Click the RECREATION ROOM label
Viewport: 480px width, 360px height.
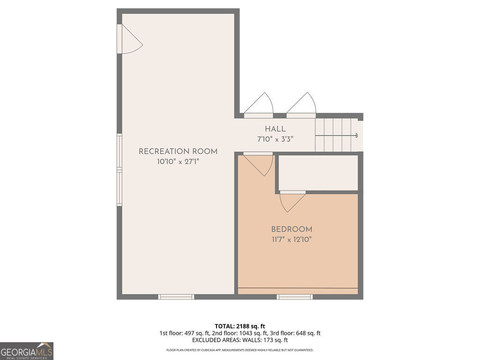pos(178,151)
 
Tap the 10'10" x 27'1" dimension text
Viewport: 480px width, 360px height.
pos(178,162)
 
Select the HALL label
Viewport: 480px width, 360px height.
pos(275,129)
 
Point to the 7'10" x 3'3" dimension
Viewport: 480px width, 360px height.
pos(275,139)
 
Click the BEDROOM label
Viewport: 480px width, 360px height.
pos(292,229)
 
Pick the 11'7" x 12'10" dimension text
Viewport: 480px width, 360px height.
pos(292,240)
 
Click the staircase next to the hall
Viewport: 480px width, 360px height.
pos(337,135)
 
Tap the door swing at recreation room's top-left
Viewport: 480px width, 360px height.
pos(130,39)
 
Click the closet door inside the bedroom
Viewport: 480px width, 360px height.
pos(292,200)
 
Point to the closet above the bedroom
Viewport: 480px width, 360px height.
pos(318,172)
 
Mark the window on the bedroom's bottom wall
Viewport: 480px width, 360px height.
pos(294,297)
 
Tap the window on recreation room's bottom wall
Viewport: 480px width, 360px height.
pos(176,297)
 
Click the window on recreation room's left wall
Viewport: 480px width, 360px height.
pos(120,170)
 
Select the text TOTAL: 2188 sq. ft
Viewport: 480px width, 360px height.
pos(240,326)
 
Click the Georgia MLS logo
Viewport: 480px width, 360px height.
pos(27,351)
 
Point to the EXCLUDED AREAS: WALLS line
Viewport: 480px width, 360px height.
pos(240,340)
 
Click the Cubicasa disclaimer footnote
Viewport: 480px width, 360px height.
pos(240,350)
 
